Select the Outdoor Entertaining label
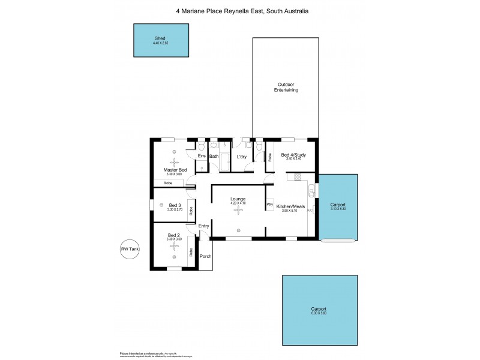click(x=287, y=87)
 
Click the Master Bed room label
click(x=174, y=170)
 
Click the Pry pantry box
click(x=270, y=205)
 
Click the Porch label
click(x=205, y=256)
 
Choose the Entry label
click(x=204, y=226)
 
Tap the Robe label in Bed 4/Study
click(x=269, y=158)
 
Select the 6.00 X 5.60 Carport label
click(x=318, y=313)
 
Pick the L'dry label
click(x=242, y=157)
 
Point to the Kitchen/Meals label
click(x=290, y=206)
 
